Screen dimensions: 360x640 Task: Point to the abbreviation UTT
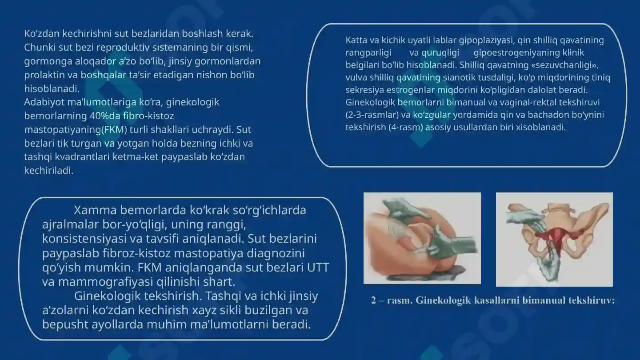point(318,268)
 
